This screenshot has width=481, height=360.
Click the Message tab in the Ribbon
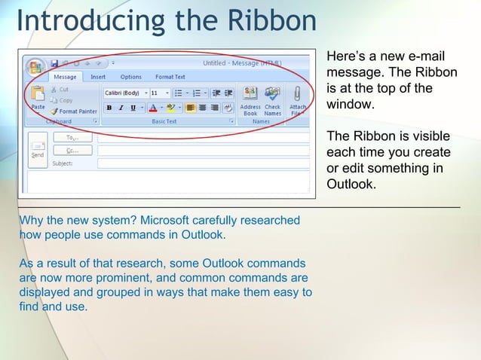(65, 77)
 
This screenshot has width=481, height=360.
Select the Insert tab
(98, 77)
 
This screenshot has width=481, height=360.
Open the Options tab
(130, 77)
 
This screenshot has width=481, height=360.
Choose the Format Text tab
(170, 77)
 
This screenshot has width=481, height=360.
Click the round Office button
(34, 67)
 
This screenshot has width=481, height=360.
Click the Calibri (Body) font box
(122, 93)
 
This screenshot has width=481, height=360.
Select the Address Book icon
(250, 93)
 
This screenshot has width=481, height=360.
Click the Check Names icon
(272, 93)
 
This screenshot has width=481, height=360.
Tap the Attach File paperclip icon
(298, 93)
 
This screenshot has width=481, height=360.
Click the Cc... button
(72, 150)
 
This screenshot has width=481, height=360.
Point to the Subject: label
(63, 163)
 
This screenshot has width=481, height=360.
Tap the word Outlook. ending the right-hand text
(351, 185)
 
